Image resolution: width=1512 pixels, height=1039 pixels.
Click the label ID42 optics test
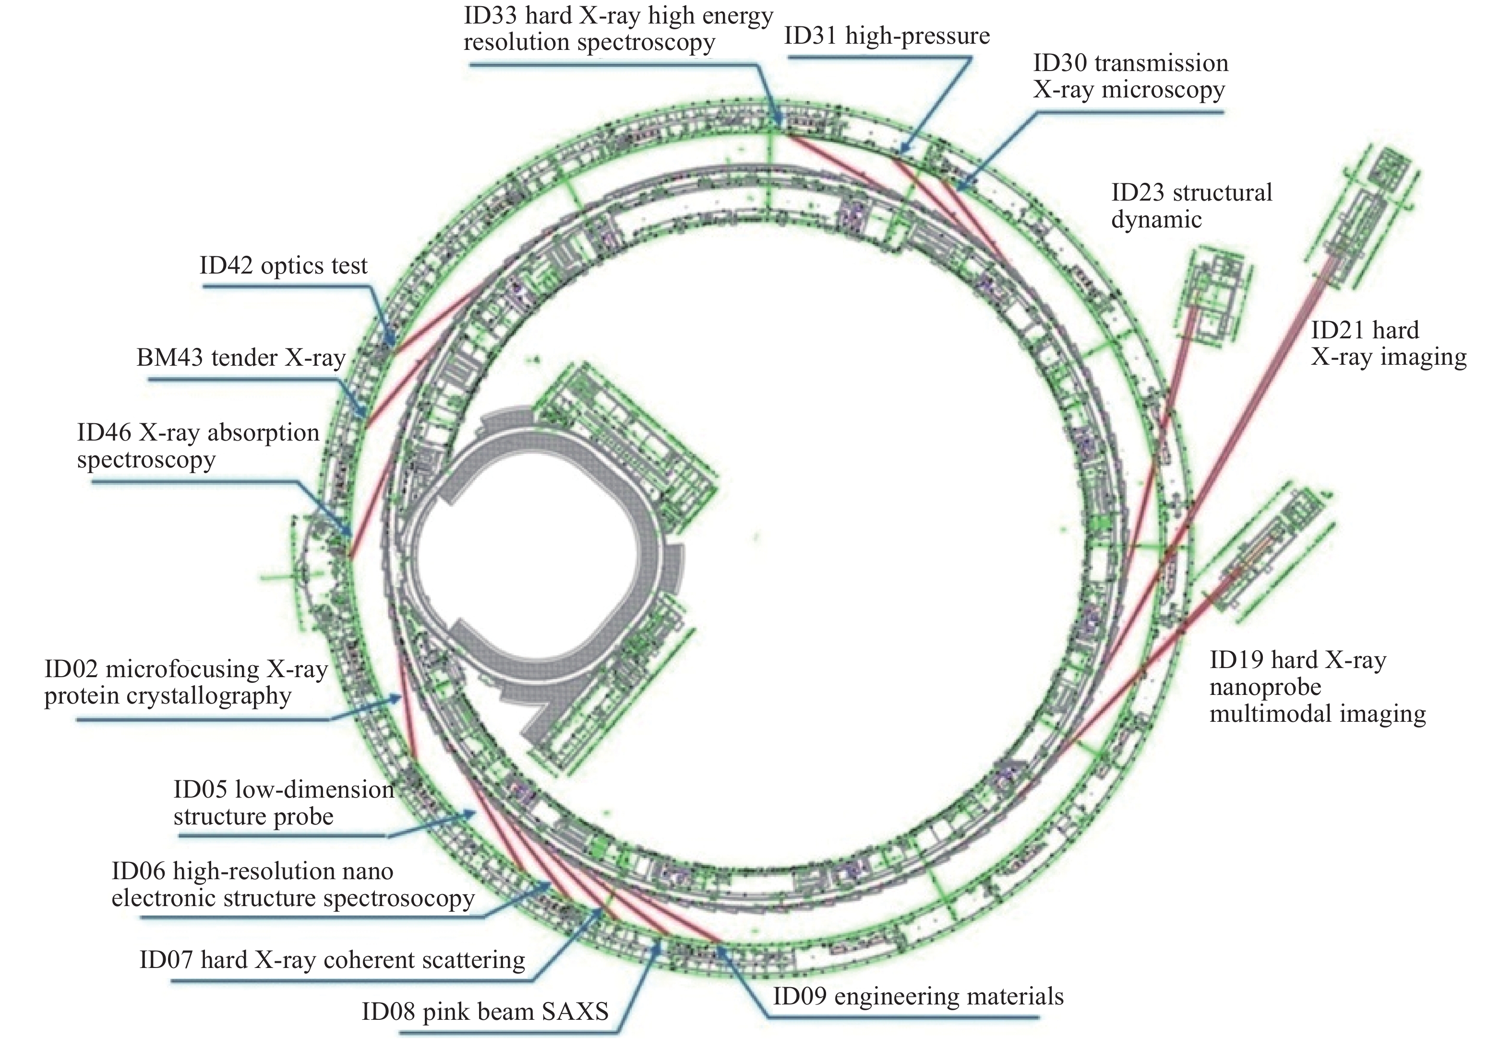tap(283, 265)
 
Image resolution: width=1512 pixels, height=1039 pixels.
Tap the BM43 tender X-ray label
tap(241, 358)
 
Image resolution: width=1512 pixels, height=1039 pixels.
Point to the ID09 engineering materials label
tap(918, 996)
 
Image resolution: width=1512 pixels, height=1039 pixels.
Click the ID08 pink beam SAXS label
tap(485, 1011)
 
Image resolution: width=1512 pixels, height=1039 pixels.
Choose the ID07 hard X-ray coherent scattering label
tap(332, 960)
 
